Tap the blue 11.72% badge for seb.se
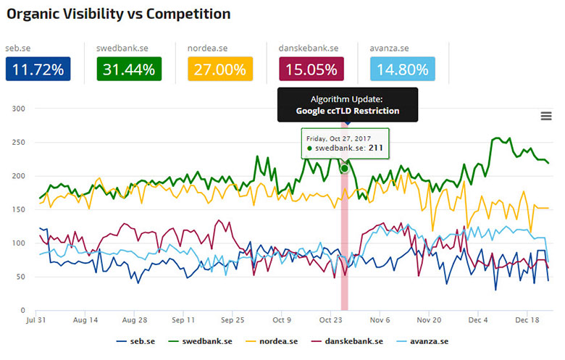[x=38, y=70]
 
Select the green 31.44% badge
[x=128, y=70]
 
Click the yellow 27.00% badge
[x=219, y=70]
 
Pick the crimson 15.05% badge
[x=311, y=70]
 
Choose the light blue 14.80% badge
[x=402, y=70]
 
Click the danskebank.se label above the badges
[x=309, y=48]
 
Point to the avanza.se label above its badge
[x=390, y=48]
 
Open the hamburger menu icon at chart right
[x=546, y=116]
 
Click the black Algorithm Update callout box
[x=348, y=104]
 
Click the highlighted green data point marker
[x=344, y=168]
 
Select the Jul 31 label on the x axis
[x=36, y=319]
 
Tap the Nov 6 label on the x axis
[x=380, y=319]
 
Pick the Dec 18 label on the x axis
[x=527, y=319]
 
